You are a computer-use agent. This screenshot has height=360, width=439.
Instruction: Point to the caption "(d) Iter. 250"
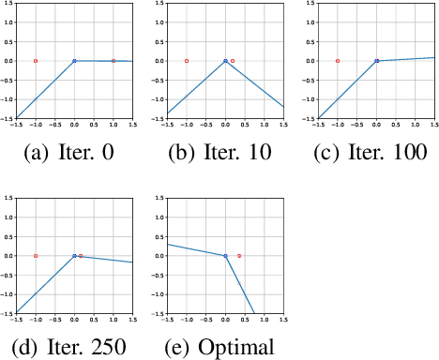(x=73, y=346)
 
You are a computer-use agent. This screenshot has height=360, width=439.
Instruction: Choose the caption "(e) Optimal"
(x=224, y=346)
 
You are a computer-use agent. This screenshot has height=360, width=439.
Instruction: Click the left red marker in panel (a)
(x=36, y=61)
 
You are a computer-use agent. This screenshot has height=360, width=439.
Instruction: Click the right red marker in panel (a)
(x=114, y=61)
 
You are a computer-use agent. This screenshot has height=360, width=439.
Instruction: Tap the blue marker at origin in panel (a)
(x=74, y=61)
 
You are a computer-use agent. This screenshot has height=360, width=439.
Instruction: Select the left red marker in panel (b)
(x=187, y=61)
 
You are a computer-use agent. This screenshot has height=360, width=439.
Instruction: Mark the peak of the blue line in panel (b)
(x=225, y=61)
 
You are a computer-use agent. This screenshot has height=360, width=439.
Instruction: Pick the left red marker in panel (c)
(x=338, y=61)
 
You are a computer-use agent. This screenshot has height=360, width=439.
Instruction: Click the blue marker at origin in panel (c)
(x=376, y=61)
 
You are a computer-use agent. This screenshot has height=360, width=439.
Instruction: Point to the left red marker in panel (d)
(x=36, y=255)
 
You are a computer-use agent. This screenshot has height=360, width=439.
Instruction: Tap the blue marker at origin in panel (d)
(x=74, y=255)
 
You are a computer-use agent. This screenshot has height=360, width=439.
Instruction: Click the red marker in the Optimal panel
(x=239, y=255)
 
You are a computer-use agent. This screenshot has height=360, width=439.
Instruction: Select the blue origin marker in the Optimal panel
(x=225, y=255)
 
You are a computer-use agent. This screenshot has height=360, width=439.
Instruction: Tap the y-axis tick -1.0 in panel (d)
(x=8, y=294)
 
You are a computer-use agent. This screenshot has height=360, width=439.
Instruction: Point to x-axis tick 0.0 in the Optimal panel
(x=225, y=320)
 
